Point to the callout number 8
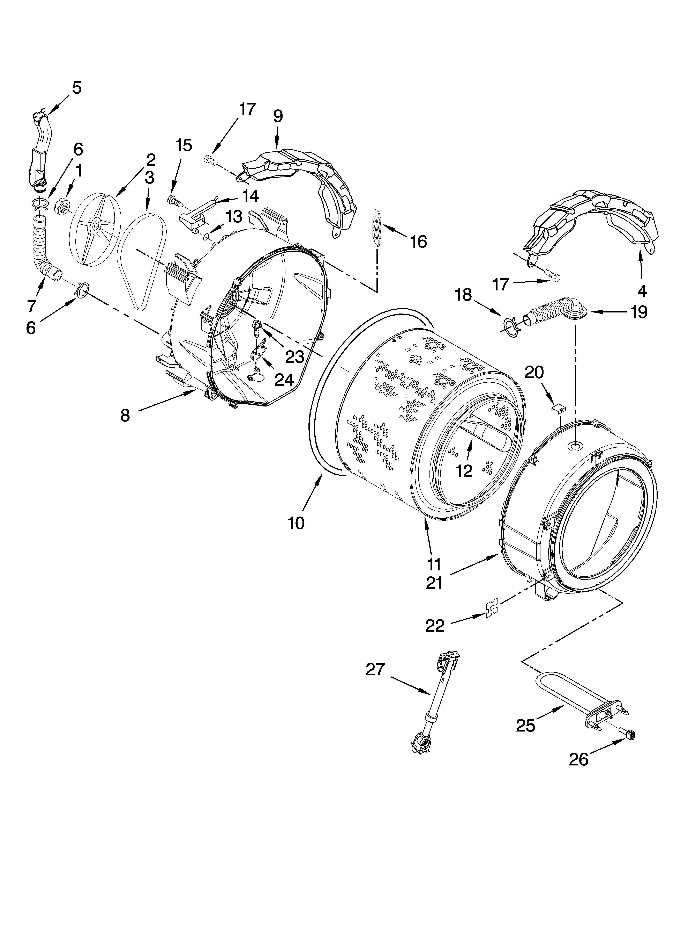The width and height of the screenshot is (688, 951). (x=125, y=416)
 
